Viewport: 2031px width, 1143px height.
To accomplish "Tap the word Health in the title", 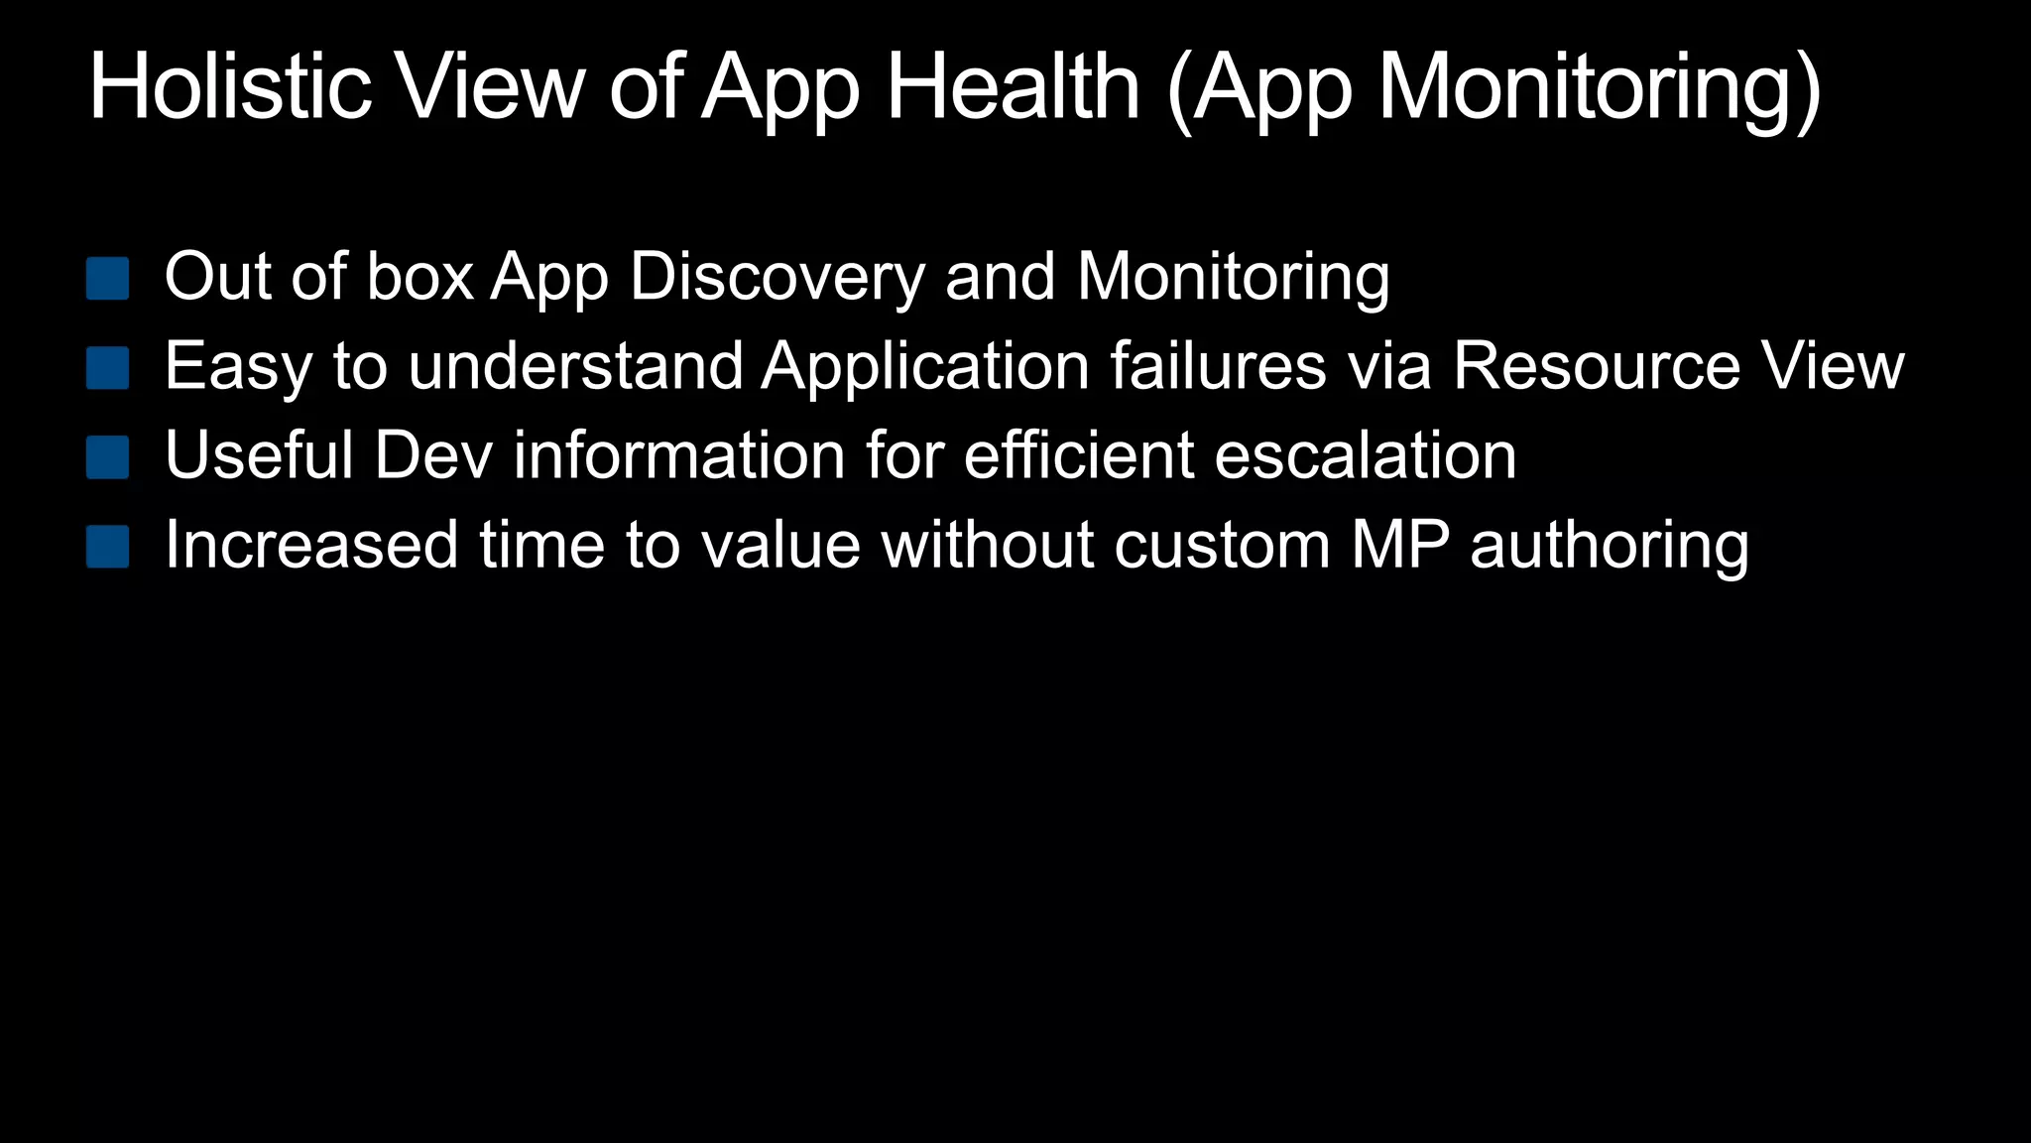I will tap(1013, 87).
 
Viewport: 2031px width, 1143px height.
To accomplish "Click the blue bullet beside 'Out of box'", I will tap(108, 279).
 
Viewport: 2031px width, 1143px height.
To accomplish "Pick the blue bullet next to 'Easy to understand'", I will tap(108, 368).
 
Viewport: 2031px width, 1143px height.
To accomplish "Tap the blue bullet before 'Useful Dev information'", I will tap(108, 457).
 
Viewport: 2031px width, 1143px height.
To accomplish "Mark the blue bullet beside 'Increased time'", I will tap(108, 547).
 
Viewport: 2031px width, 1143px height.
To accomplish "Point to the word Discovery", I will tap(777, 277).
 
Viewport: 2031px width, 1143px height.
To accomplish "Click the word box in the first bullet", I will tap(420, 277).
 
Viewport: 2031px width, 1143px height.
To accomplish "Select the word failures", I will tap(1218, 366).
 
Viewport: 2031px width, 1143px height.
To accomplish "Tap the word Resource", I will tap(1597, 366).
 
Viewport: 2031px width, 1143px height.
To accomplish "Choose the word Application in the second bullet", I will tap(926, 368).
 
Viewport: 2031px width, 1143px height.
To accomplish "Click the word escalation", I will tap(1366, 455).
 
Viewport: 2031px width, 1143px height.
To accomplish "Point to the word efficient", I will tap(1079, 455).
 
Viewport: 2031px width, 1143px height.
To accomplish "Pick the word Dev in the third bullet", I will tap(433, 455).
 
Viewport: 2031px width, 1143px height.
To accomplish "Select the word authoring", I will tap(1610, 547).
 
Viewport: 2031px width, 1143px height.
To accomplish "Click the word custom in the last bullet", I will tap(1222, 545).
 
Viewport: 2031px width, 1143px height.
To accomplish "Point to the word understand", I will tap(575, 366).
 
